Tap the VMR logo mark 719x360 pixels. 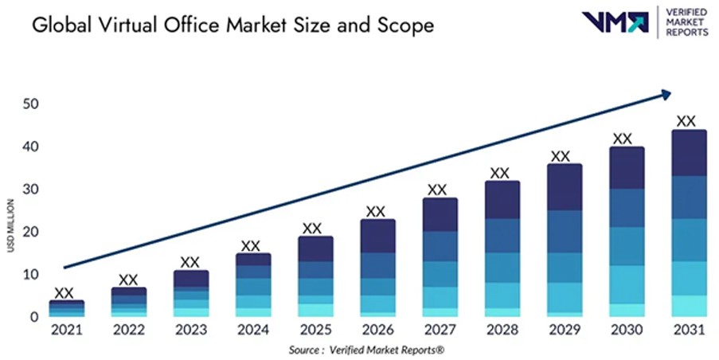(x=615, y=22)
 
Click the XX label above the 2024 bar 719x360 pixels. (x=251, y=245)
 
